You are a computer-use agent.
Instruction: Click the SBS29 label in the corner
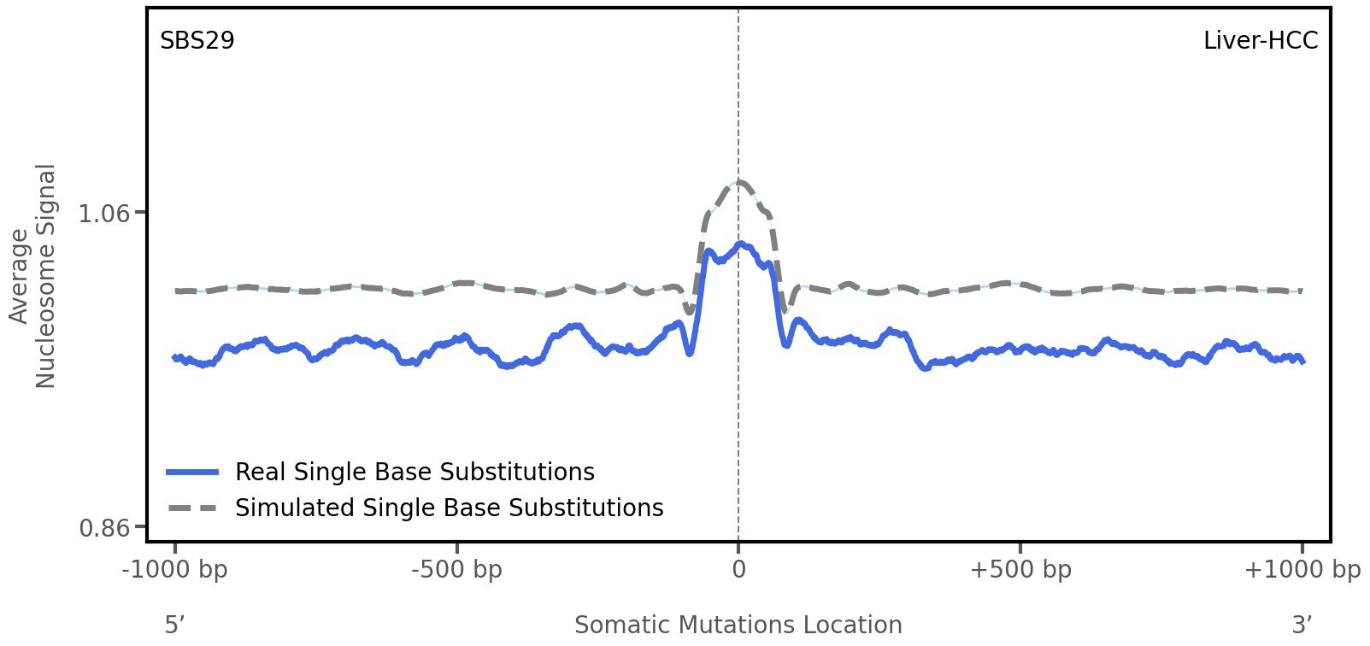pyautogui.click(x=197, y=41)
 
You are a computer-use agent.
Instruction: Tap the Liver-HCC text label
pyautogui.click(x=1260, y=41)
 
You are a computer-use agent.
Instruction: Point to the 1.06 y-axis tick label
pyautogui.click(x=104, y=213)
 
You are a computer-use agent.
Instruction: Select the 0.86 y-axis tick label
pyautogui.click(x=104, y=528)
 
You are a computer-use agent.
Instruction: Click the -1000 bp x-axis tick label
pyautogui.click(x=175, y=570)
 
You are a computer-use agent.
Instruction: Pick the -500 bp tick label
pyautogui.click(x=456, y=570)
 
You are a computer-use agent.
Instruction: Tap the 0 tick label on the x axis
pyautogui.click(x=738, y=570)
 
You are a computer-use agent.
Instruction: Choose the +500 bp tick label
pyautogui.click(x=1020, y=570)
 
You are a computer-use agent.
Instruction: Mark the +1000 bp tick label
pyautogui.click(x=1302, y=570)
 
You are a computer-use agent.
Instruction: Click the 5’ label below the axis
pyautogui.click(x=175, y=625)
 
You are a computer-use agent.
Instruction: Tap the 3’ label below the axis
pyautogui.click(x=1302, y=625)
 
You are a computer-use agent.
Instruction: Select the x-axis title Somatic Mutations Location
pyautogui.click(x=738, y=625)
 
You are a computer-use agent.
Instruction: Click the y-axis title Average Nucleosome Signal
pyautogui.click(x=32, y=275)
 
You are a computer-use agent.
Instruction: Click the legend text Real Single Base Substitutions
pyautogui.click(x=415, y=473)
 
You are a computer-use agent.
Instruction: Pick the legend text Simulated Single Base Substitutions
pyautogui.click(x=449, y=508)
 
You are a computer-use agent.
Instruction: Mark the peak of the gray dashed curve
pyautogui.click(x=740, y=182)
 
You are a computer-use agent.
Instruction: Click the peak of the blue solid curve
pyautogui.click(x=742, y=244)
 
